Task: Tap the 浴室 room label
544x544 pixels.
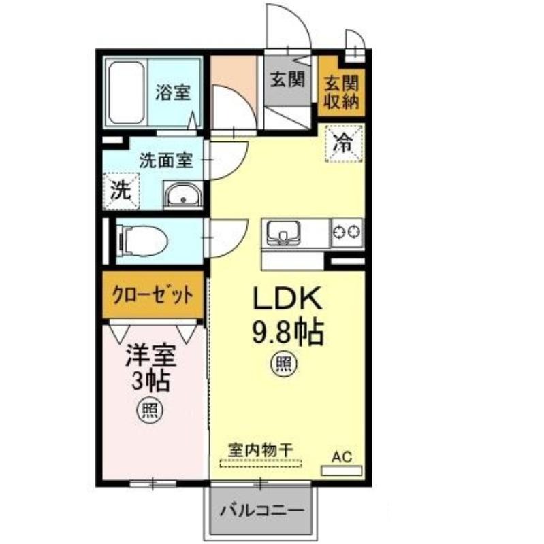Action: click(x=173, y=92)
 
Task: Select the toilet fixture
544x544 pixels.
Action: click(x=142, y=240)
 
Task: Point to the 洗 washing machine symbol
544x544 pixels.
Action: click(x=121, y=191)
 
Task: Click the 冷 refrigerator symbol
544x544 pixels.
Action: click(x=344, y=143)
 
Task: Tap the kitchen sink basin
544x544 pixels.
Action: click(x=283, y=233)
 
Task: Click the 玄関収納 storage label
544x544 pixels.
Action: click(x=341, y=93)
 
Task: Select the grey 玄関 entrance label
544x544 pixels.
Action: click(x=287, y=80)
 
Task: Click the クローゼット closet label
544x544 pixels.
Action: click(x=152, y=296)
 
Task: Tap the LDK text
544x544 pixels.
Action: click(x=287, y=299)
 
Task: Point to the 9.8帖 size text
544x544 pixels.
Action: click(x=288, y=333)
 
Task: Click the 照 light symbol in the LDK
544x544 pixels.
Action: click(x=284, y=364)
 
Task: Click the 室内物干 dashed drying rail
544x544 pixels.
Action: click(x=261, y=463)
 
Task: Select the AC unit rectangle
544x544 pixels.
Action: click(x=342, y=471)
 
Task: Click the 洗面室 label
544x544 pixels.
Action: click(x=165, y=160)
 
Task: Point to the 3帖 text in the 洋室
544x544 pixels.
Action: click(x=150, y=381)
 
